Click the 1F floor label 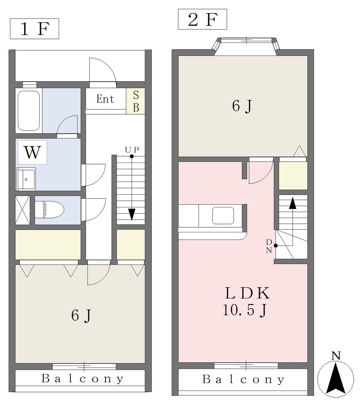click(x=34, y=29)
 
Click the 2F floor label click(x=202, y=19)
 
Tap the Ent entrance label click(x=105, y=99)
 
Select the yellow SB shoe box click(x=136, y=101)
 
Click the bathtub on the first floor click(x=29, y=111)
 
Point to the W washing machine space click(x=33, y=152)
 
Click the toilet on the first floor click(x=49, y=209)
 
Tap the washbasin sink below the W click(x=26, y=179)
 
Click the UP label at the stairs click(x=132, y=149)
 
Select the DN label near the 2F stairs click(x=269, y=246)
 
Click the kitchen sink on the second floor click(x=223, y=215)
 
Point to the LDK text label click(x=247, y=293)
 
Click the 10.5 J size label click(x=245, y=310)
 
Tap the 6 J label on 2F click(x=242, y=106)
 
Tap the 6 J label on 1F click(x=81, y=315)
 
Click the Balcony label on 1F click(x=82, y=379)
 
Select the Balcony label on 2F click(x=243, y=379)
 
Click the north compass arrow click(x=336, y=378)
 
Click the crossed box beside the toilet click(x=23, y=210)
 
